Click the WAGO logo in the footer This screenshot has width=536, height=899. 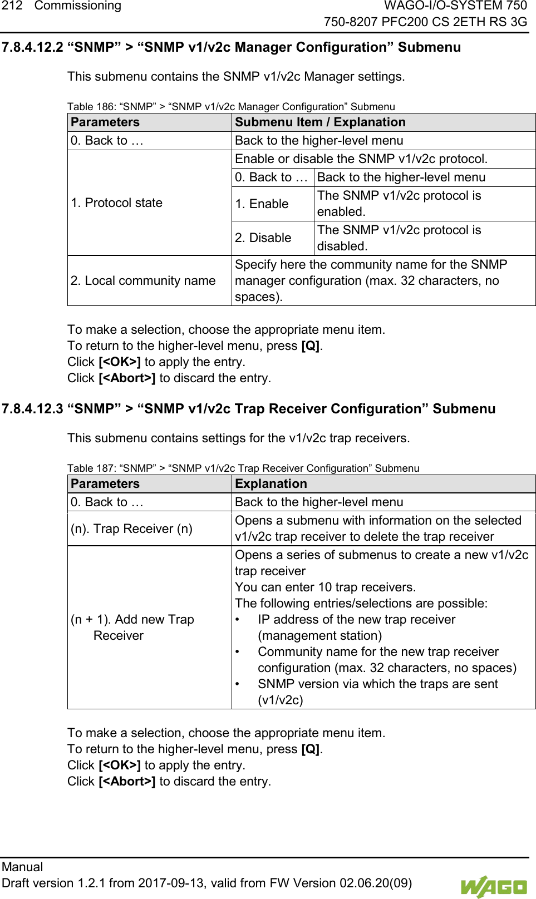click(493, 886)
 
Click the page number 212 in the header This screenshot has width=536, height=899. click(12, 6)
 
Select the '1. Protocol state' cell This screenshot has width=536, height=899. click(116, 203)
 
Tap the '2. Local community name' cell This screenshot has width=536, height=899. click(143, 281)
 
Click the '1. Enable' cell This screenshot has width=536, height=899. click(262, 204)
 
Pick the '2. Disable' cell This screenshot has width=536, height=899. click(263, 238)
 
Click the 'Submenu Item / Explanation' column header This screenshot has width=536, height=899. click(320, 122)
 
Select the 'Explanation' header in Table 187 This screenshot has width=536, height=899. click(271, 484)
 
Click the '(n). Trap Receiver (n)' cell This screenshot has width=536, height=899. click(131, 529)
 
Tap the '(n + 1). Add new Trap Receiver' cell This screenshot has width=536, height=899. click(132, 628)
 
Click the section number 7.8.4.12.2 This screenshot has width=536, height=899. click(32, 47)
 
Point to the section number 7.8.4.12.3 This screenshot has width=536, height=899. click(32, 409)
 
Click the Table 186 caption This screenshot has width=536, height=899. click(231, 107)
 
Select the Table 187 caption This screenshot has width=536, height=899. click(243, 468)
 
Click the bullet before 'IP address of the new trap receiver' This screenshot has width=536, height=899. click(238, 620)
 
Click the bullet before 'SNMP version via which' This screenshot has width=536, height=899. click(238, 684)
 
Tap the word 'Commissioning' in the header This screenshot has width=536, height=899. click(78, 6)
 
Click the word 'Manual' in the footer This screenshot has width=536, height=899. click(22, 867)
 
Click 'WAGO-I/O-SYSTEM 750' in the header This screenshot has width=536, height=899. click(455, 6)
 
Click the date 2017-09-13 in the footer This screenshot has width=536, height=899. click(171, 883)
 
